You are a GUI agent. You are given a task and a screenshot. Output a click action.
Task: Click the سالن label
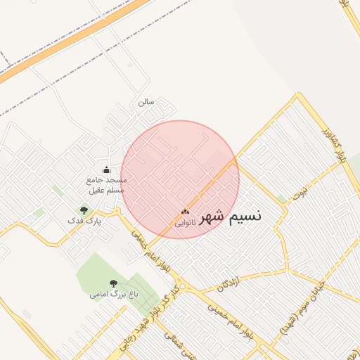click(x=146, y=102)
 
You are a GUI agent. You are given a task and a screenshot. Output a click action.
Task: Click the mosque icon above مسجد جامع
click(x=106, y=169)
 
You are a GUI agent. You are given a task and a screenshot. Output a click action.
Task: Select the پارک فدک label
click(x=84, y=221)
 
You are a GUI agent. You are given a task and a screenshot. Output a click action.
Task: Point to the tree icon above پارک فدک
click(x=84, y=210)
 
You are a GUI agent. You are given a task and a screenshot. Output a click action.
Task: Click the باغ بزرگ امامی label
click(x=113, y=295)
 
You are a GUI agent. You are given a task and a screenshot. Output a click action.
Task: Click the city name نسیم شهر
click(x=230, y=216)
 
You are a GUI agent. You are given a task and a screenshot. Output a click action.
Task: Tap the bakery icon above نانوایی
click(x=185, y=212)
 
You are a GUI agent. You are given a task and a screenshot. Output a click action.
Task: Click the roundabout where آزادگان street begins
click(x=182, y=287)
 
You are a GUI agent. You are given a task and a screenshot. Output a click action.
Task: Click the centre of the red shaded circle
click(x=180, y=179)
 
